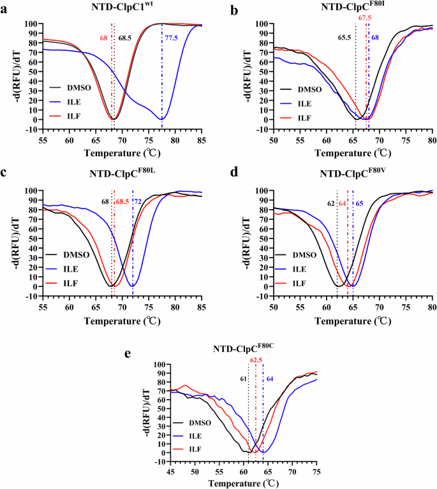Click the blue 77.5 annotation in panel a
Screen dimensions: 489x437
coord(171,39)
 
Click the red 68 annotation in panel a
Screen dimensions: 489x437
coord(103,39)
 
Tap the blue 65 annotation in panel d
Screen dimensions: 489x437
coord(359,203)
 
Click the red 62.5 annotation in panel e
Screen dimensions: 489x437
coord(256,359)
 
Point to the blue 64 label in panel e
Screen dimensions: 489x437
coord(270,379)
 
